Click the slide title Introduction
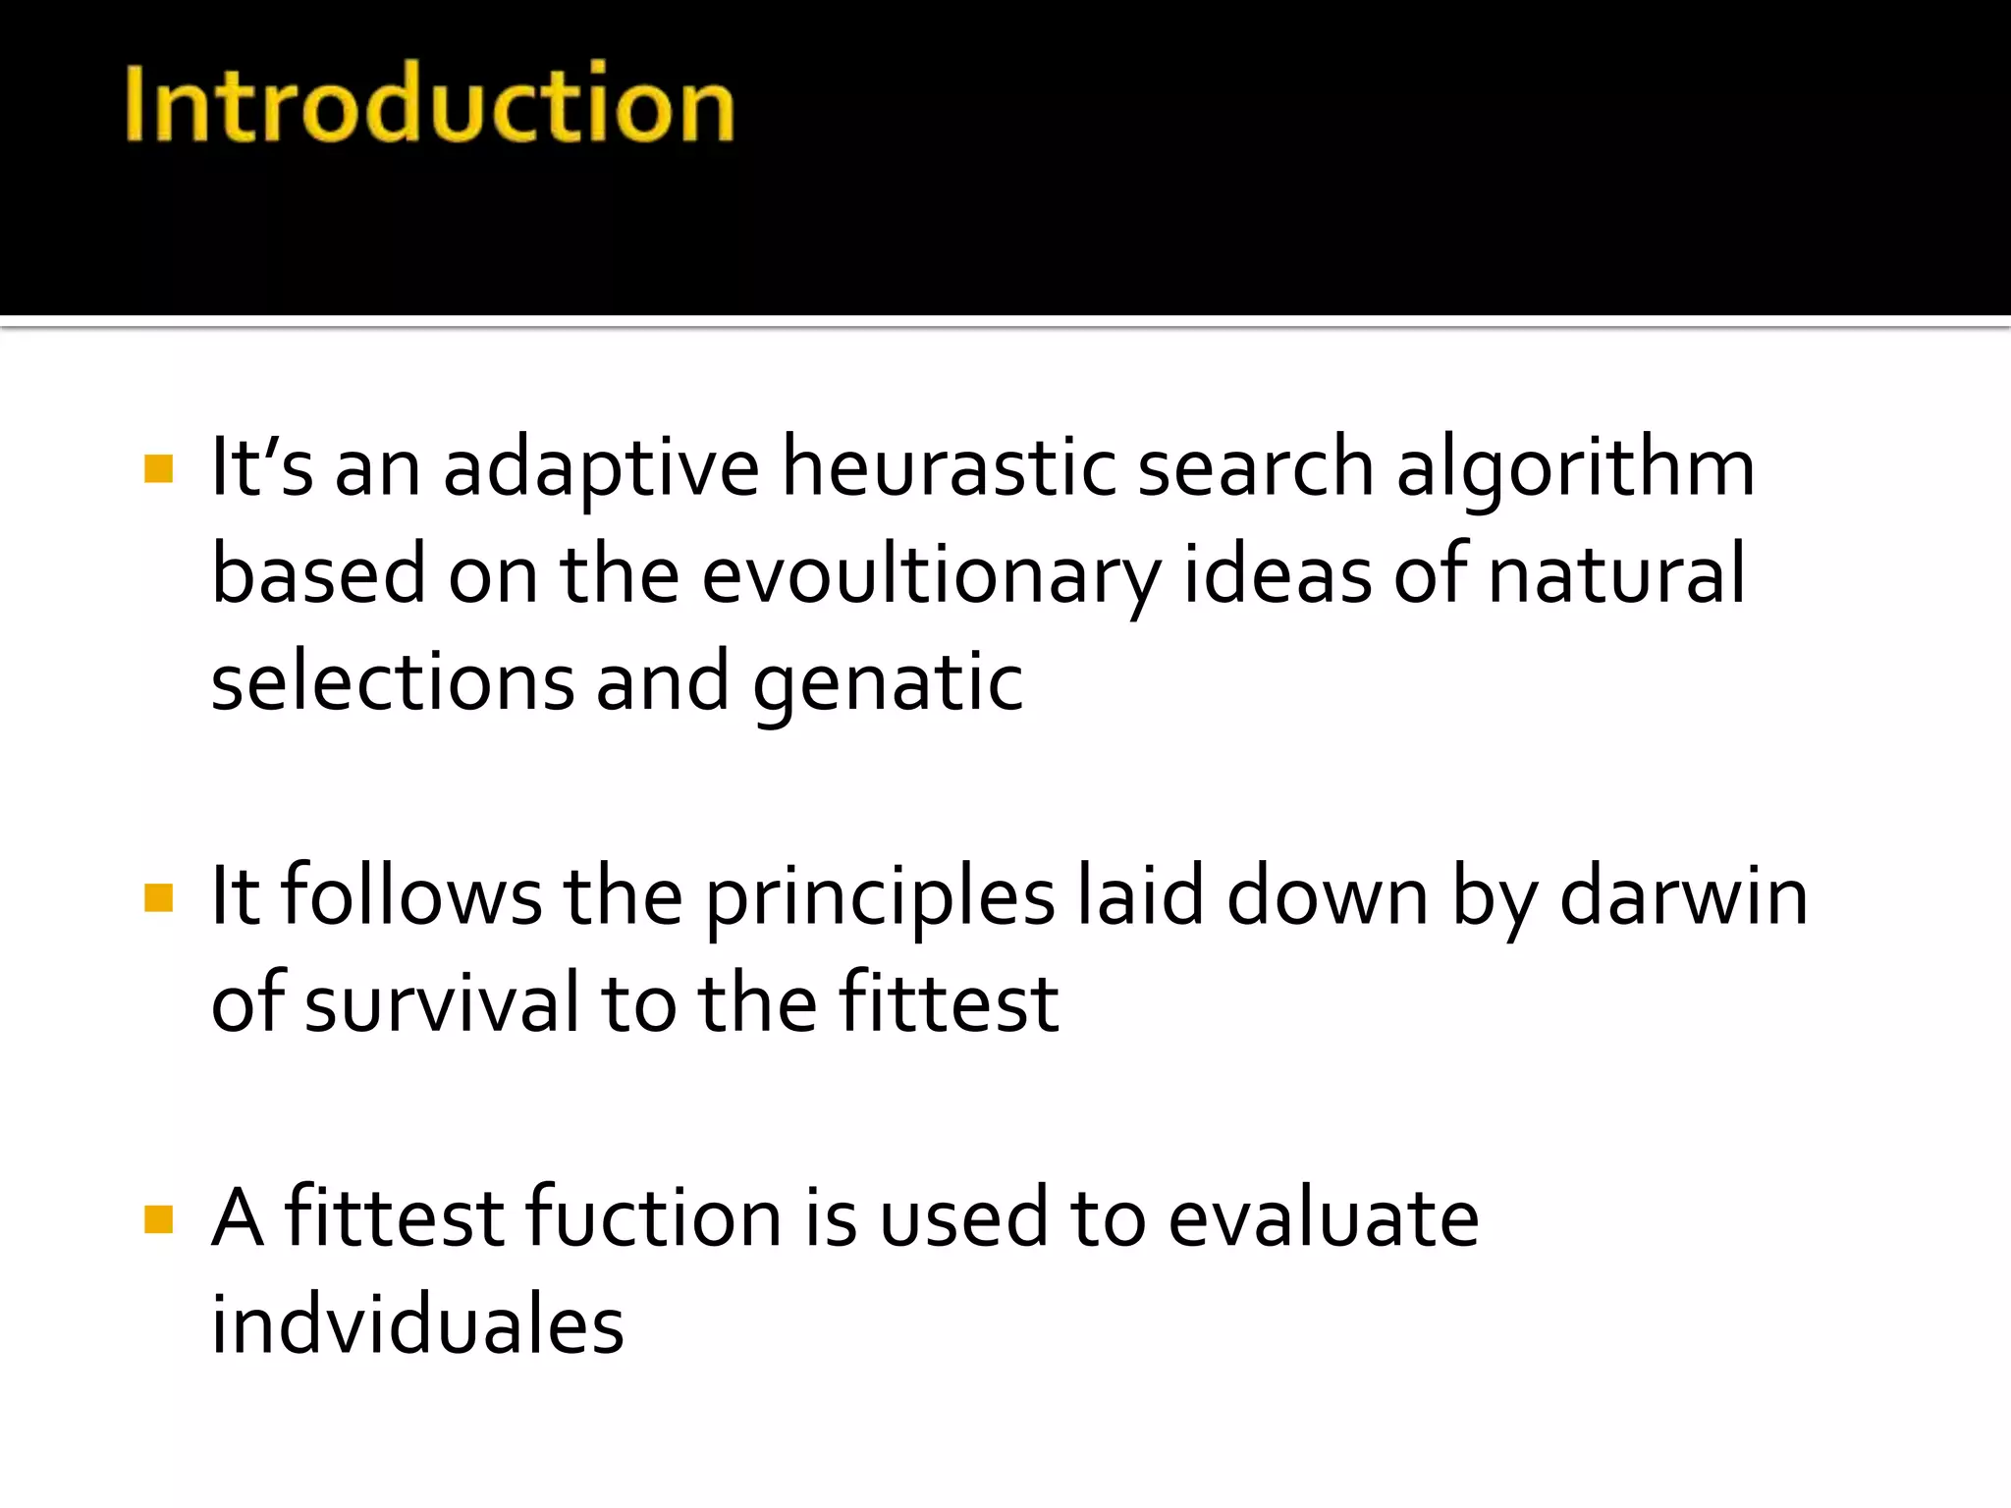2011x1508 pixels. (x=429, y=103)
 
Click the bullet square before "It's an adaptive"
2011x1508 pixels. (x=158, y=468)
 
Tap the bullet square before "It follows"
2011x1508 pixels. (x=158, y=897)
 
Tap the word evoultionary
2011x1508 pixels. (x=931, y=577)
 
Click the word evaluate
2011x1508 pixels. (x=1323, y=1217)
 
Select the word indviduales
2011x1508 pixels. (x=417, y=1325)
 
